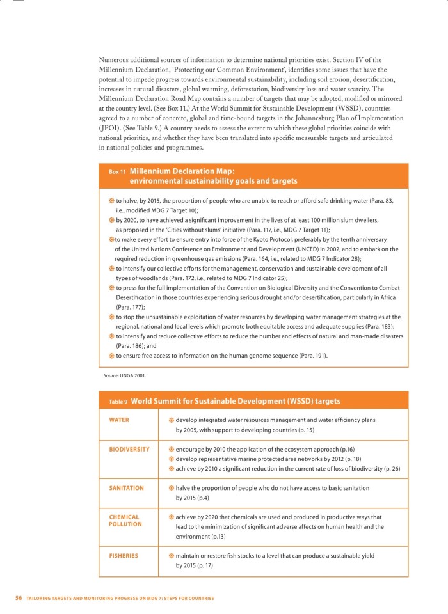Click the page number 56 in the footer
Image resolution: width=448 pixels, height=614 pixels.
coord(19,598)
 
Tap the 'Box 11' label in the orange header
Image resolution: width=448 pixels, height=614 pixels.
coord(116,172)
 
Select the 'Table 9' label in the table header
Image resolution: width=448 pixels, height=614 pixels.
coord(118,402)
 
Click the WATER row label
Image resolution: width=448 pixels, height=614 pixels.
coord(119,420)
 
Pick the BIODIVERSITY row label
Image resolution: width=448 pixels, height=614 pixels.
coord(129,449)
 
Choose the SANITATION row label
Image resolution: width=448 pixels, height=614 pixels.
coord(126,488)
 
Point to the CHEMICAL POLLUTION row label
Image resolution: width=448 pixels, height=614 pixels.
coord(124,520)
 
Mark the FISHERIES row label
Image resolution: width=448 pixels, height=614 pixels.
coord(124,556)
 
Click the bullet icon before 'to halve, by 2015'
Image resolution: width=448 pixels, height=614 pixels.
coord(111,201)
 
